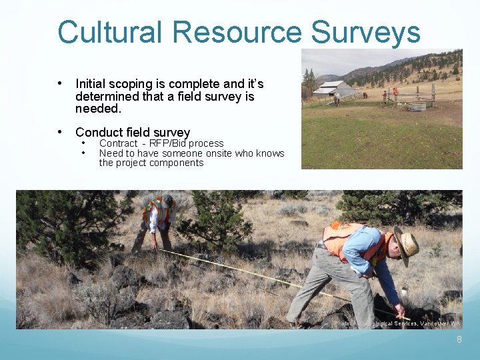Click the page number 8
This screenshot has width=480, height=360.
(459, 340)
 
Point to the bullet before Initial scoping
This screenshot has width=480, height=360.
(61, 83)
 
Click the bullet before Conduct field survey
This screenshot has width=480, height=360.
(61, 132)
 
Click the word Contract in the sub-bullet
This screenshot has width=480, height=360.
(118, 143)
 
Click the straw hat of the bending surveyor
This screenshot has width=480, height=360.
(407, 245)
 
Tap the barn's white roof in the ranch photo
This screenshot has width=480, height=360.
(332, 85)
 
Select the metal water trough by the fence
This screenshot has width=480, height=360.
(417, 106)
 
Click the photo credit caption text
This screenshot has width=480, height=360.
(397, 323)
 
